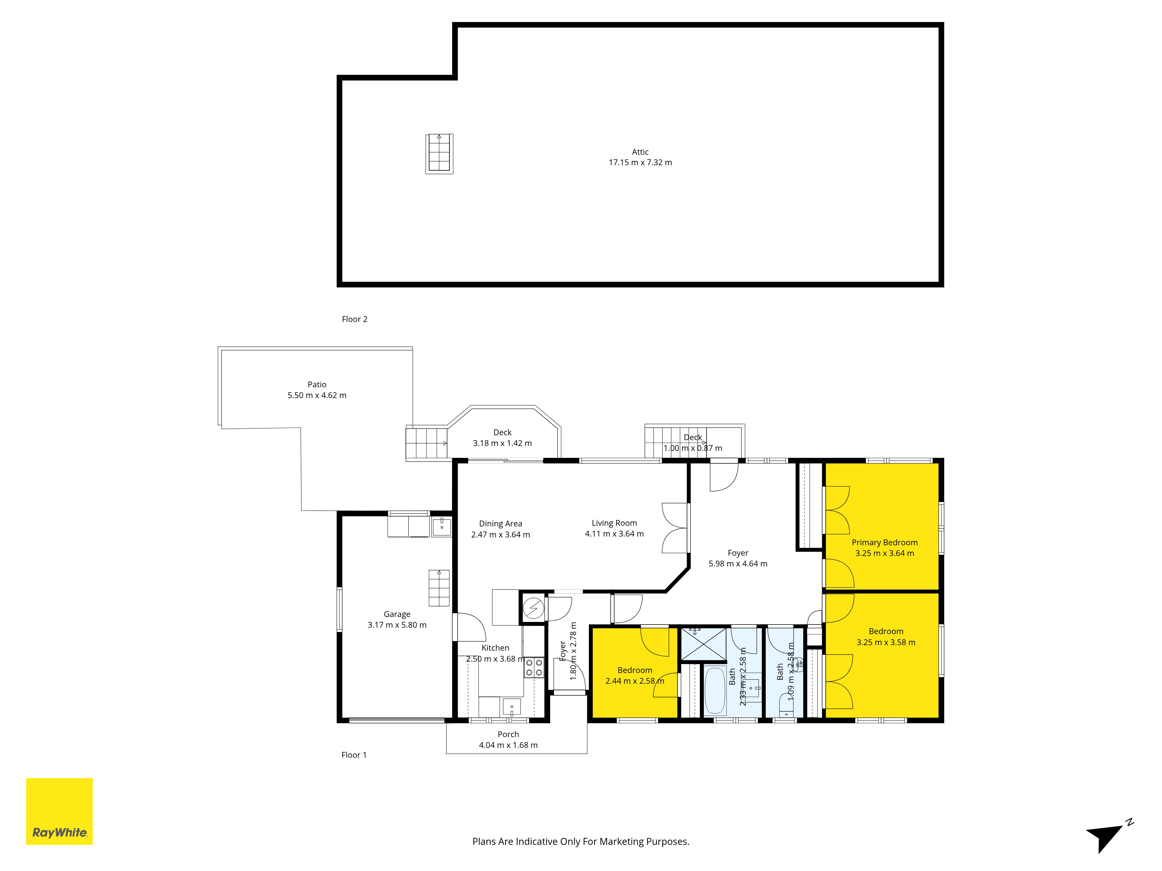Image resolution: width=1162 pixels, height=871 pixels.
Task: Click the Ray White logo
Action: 59,811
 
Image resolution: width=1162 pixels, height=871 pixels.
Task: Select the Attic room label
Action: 640,152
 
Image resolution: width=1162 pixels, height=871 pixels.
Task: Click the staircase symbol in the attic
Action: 439,153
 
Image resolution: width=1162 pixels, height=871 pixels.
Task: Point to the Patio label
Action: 317,384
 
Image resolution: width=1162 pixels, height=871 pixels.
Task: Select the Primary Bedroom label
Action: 885,542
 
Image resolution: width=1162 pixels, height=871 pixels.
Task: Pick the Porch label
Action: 508,734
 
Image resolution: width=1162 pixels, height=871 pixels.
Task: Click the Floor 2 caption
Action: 355,319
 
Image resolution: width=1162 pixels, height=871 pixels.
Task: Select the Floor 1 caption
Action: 354,755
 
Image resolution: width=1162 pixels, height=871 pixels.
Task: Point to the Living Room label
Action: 614,523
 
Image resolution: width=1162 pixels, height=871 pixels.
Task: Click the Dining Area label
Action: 500,523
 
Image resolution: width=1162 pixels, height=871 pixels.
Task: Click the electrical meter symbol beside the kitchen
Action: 533,609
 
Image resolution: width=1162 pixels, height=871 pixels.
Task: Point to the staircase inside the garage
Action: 439,588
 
